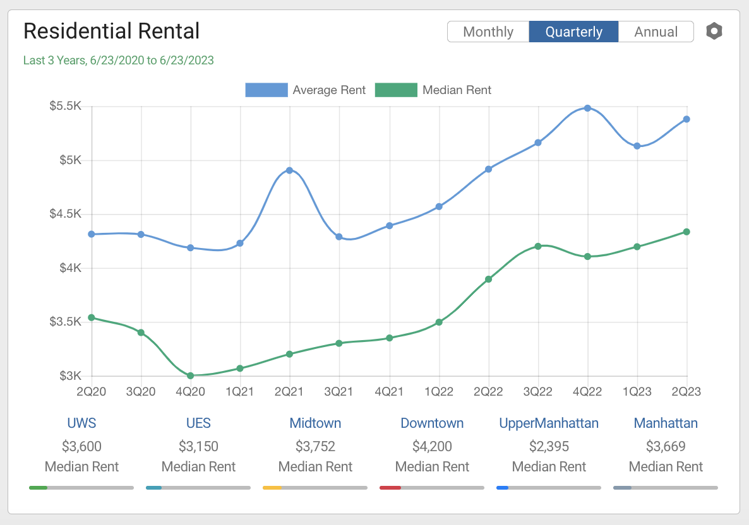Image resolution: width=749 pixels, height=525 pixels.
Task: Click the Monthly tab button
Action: tap(488, 32)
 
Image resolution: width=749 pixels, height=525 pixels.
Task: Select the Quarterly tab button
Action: tap(573, 32)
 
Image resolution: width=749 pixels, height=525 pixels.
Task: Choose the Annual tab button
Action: tap(656, 32)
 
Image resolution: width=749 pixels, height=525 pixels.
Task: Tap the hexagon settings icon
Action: tap(714, 31)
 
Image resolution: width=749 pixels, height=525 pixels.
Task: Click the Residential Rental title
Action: tap(111, 31)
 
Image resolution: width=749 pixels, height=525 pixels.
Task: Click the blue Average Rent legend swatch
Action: tap(266, 90)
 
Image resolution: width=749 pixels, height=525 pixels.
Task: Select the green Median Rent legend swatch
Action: tap(396, 90)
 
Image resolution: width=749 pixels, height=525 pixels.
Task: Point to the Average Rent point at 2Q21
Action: tap(289, 170)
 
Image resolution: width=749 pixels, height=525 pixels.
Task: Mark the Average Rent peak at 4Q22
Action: tap(587, 108)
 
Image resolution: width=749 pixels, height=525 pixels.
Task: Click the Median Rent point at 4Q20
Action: tap(190, 375)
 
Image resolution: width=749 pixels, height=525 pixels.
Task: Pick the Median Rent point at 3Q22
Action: tap(538, 246)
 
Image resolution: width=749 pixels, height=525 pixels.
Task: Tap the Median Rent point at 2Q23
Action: tap(686, 232)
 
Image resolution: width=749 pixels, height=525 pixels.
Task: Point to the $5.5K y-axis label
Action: tap(66, 106)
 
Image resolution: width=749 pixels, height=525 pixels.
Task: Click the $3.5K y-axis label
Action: tap(66, 322)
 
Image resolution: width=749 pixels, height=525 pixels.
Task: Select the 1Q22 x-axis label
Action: tap(438, 392)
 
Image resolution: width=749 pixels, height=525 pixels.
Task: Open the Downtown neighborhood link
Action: tap(432, 423)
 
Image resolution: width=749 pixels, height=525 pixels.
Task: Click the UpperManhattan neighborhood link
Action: tap(549, 423)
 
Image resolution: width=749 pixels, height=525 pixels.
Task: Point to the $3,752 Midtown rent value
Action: tap(315, 447)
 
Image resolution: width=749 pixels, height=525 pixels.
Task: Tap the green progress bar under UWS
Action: tap(39, 487)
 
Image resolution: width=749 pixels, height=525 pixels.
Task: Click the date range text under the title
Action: tap(118, 61)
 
